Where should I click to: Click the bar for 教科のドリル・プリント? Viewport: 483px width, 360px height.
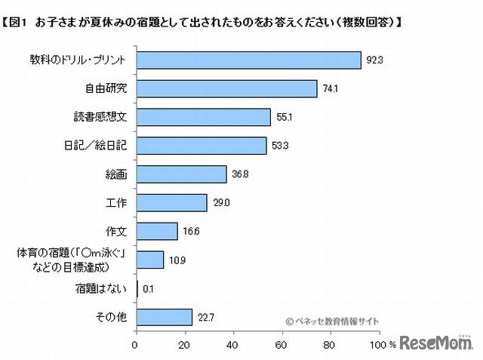click(248, 60)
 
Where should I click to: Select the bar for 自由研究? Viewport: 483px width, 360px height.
click(226, 88)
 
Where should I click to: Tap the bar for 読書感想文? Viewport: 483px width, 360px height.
click(203, 117)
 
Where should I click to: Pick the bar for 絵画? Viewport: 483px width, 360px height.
click(181, 174)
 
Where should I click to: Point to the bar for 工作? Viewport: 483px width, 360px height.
click(171, 203)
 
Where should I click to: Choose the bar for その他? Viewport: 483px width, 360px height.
click(164, 317)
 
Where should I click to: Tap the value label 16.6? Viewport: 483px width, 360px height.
click(189, 232)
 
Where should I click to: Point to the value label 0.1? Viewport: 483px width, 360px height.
click(149, 288)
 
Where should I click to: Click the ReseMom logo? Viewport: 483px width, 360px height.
click(436, 343)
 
